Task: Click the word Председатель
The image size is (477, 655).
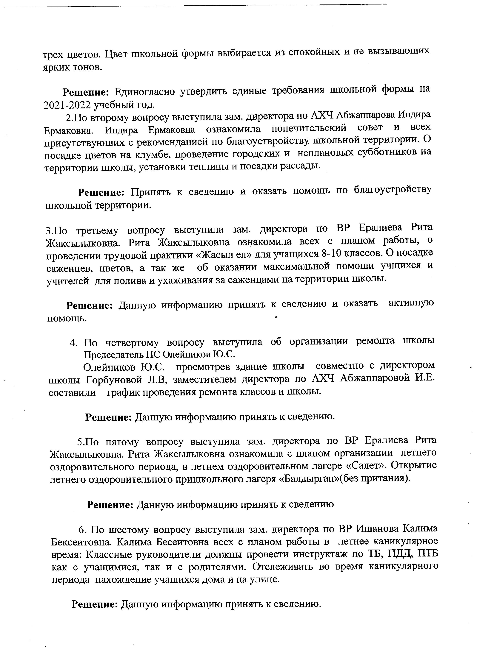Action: click(112, 354)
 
